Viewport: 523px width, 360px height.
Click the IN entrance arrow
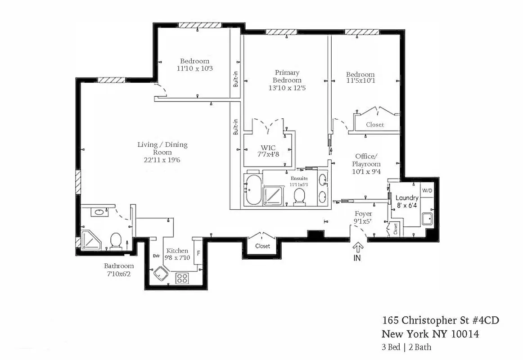pyautogui.click(x=358, y=247)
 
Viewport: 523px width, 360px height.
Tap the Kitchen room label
pyautogui.click(x=177, y=251)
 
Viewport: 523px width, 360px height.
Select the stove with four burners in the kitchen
pyautogui.click(x=182, y=278)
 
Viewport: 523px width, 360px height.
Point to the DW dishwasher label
pyautogui.click(x=157, y=256)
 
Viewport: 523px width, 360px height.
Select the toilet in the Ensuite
pyautogui.click(x=299, y=197)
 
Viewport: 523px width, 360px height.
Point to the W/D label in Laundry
pyautogui.click(x=427, y=191)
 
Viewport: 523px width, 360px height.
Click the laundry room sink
pyautogui.click(x=427, y=220)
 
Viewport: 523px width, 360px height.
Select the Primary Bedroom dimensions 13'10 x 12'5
pyautogui.click(x=288, y=88)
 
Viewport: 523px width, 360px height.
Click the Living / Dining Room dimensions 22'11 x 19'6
pyautogui.click(x=162, y=159)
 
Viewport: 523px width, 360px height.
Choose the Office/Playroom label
pyautogui.click(x=366, y=160)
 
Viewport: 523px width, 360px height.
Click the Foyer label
pyautogui.click(x=363, y=213)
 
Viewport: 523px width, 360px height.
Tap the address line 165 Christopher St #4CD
pyautogui.click(x=440, y=321)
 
